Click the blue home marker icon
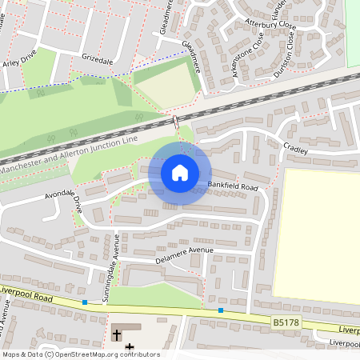pos(180,172)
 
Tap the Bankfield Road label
pos(234,186)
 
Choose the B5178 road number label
pos(286,322)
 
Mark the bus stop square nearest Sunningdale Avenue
pos(85,302)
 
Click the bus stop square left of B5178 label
pos(220,310)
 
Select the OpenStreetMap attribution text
pos(80,354)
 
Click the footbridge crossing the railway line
pos(175,123)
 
